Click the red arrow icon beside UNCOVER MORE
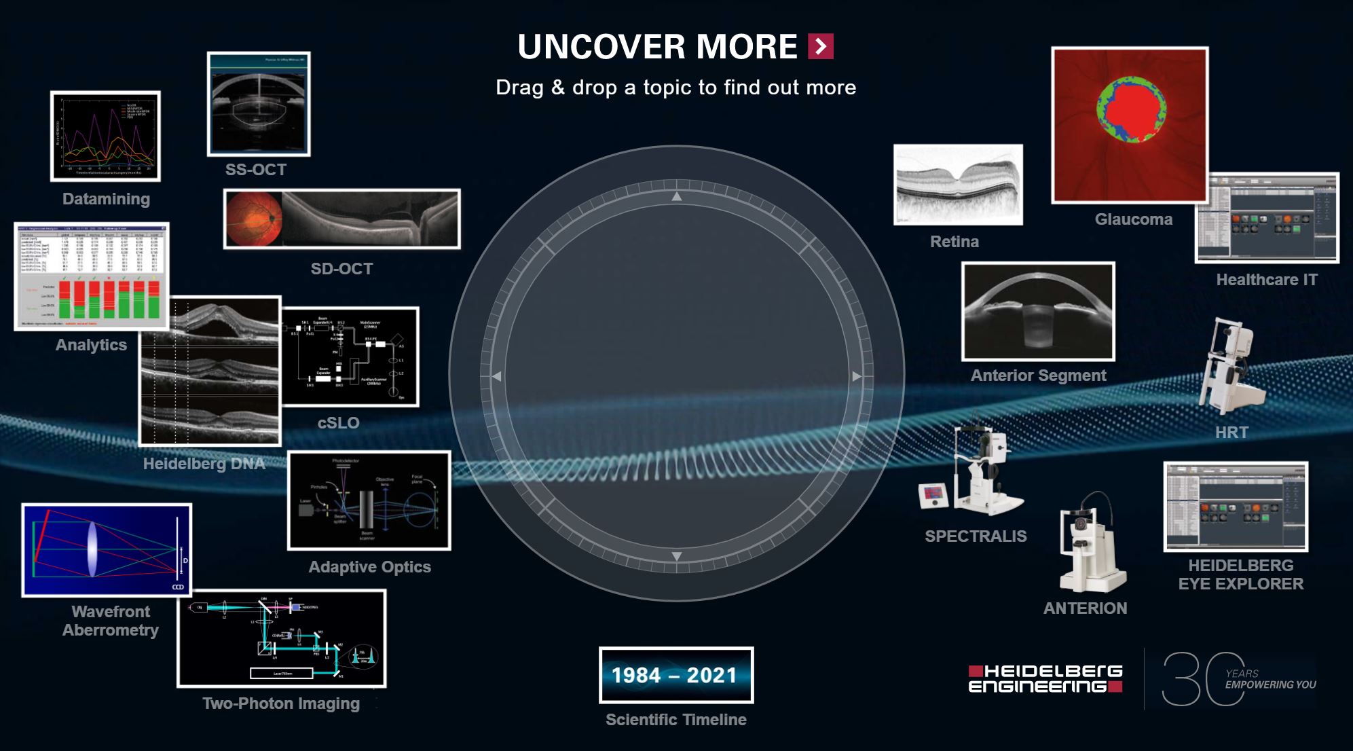pyautogui.click(x=821, y=46)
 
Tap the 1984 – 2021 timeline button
pyautogui.click(x=676, y=675)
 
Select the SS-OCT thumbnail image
pyautogui.click(x=259, y=104)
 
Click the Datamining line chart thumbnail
pyautogui.click(x=105, y=136)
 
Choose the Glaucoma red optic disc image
pyautogui.click(x=1130, y=125)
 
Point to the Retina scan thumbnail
pyautogui.click(x=958, y=185)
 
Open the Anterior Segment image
pyautogui.click(x=1038, y=312)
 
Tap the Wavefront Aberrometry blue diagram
pyautogui.click(x=107, y=550)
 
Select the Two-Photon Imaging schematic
pyautogui.click(x=282, y=638)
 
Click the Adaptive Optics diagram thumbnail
pyautogui.click(x=369, y=500)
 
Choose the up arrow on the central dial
pyautogui.click(x=677, y=196)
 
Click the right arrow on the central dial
pyautogui.click(x=857, y=376)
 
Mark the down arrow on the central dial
pyautogui.click(x=677, y=556)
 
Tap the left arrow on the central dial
pyautogui.click(x=497, y=376)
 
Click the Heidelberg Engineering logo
pyautogui.click(x=1045, y=678)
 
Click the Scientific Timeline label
pyautogui.click(x=676, y=720)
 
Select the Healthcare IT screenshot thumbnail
pyautogui.click(x=1267, y=218)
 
